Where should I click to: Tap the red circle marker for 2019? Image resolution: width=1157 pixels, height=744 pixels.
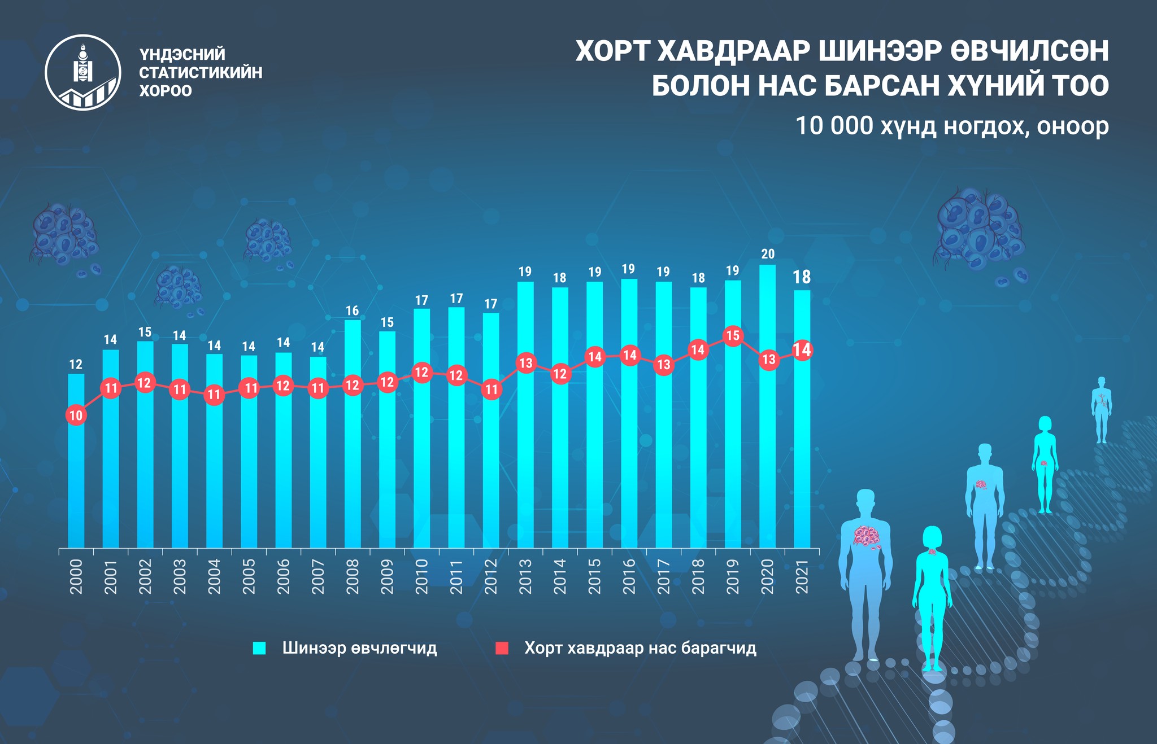pos(733,336)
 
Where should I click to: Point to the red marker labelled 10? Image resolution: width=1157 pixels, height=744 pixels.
pos(76,416)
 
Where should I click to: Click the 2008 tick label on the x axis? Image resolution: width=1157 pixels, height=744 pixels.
pos(353,576)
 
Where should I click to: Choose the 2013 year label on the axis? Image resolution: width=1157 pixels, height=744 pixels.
pos(525,576)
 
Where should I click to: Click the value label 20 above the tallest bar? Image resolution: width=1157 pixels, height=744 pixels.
pos(768,254)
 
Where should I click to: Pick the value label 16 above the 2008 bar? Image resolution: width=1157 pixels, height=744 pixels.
pos(353,310)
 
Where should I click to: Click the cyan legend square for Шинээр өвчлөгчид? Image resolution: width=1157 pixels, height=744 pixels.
pos(259,648)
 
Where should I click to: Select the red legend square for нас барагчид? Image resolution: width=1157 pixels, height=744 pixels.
pos(502,648)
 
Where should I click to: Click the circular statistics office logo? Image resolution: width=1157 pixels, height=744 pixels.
pos(83,72)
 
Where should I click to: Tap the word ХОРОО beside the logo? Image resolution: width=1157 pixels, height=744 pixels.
pos(166,91)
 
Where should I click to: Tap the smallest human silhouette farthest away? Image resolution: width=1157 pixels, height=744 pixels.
pos(1101,409)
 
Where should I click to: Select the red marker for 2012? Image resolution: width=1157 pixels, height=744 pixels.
pos(491,389)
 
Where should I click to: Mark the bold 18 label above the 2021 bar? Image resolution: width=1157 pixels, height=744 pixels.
pos(802,277)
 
